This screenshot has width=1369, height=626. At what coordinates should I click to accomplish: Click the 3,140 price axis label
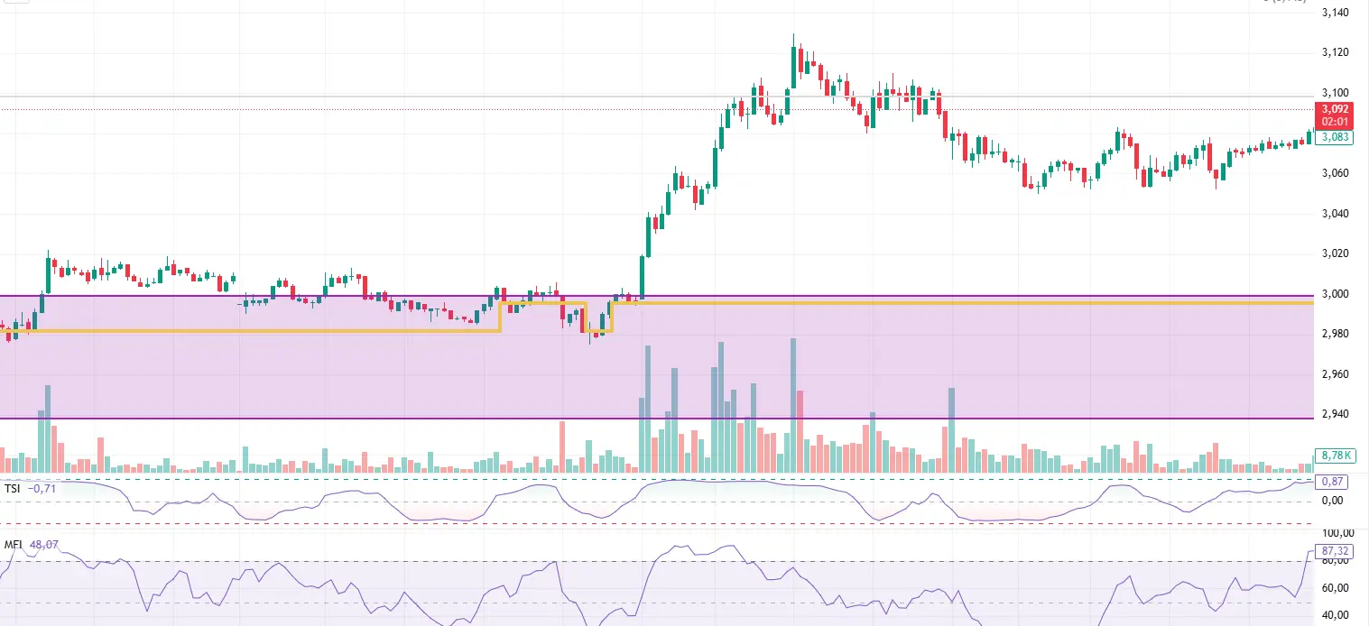1334,13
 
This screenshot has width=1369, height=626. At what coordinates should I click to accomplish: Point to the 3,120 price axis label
1334,52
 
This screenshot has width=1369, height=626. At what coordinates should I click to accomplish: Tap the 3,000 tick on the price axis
1334,294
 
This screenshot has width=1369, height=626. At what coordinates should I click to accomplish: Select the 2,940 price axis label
1334,414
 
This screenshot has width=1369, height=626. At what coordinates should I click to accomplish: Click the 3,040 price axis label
1334,214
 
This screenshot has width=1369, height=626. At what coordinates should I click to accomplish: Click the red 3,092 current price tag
1335,108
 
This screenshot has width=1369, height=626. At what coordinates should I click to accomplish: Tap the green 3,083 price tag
1335,137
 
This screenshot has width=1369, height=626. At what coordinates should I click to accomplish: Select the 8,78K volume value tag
1334,456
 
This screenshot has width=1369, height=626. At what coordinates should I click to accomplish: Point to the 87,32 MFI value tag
1335,550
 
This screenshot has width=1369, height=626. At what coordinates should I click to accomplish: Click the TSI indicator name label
13,488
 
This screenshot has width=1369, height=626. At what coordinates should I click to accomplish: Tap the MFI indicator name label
14,546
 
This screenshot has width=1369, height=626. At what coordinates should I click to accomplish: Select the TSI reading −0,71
42,488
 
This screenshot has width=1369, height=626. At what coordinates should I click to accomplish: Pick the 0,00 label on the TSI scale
1334,501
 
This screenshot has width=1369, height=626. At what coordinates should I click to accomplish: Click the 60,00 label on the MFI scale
1336,587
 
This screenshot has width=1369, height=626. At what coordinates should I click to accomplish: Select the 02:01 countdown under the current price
1335,120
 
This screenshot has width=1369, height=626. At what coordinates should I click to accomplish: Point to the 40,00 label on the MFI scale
1336,615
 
